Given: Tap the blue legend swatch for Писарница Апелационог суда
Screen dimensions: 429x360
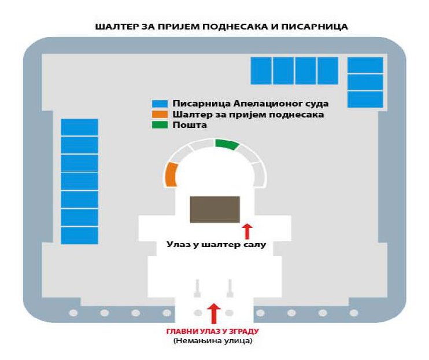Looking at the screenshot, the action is click(160, 104).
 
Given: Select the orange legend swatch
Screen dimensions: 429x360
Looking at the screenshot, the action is click(160, 114).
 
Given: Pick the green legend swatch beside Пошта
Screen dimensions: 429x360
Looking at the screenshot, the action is click(160, 125).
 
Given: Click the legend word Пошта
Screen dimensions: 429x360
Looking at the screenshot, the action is click(190, 125).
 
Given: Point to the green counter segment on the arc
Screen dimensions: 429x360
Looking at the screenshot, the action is click(227, 144).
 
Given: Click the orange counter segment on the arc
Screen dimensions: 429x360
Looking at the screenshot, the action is click(171, 175).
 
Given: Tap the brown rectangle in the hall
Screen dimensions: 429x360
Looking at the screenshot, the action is click(215, 210).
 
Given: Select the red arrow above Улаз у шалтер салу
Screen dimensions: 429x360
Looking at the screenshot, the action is click(247, 232).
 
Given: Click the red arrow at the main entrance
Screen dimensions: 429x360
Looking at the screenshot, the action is click(214, 314).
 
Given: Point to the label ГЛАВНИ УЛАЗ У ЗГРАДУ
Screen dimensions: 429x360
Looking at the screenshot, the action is click(213, 331).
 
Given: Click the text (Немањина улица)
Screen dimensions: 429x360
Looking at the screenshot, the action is click(213, 341).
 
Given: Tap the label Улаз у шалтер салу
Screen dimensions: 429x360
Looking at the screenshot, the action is click(216, 244).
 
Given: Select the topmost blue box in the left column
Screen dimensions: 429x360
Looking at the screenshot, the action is click(79, 127).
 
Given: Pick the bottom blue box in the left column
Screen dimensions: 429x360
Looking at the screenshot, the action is click(79, 236).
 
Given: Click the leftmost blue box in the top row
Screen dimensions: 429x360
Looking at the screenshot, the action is click(261, 71).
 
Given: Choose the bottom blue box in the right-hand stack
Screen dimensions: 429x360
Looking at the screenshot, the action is click(365, 100).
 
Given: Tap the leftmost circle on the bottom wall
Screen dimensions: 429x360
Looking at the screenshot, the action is click(73, 313).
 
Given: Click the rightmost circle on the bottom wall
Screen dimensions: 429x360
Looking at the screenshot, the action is click(354, 313).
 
